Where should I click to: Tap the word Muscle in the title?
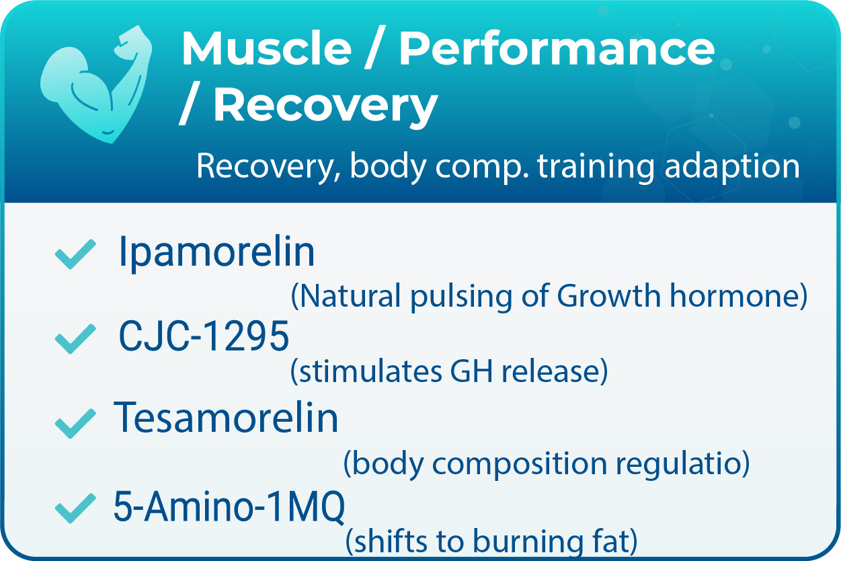coord(266,48)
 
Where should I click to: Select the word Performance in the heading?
coord(557,48)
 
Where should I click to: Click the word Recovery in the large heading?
coord(325,105)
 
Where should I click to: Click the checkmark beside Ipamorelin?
coord(74,255)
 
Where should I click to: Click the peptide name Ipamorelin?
coord(216,253)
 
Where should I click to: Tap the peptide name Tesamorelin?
coord(227,418)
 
